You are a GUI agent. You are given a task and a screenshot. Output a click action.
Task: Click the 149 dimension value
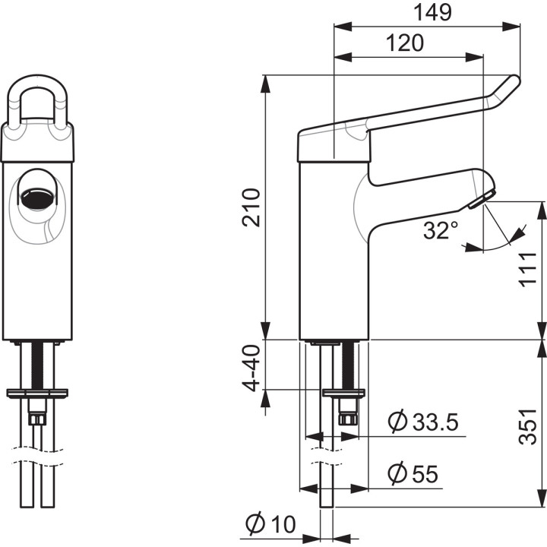pos(432,12)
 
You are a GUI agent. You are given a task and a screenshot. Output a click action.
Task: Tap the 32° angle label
pos(441,230)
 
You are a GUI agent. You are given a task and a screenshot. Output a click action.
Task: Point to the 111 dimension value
pos(530,270)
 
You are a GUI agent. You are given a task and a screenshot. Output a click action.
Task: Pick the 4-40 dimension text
pos(251,368)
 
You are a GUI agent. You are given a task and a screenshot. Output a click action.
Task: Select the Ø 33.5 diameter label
pos(423,422)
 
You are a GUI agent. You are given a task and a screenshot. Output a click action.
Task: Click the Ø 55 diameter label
pos(413,474)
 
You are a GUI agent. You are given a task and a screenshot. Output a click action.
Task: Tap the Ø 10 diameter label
pos(270,524)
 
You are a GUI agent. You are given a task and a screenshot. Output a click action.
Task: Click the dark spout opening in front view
pos(36,199)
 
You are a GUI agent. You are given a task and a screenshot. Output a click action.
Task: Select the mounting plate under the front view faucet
pos(37,393)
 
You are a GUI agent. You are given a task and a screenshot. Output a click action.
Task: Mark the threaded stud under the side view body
pos(349,365)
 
